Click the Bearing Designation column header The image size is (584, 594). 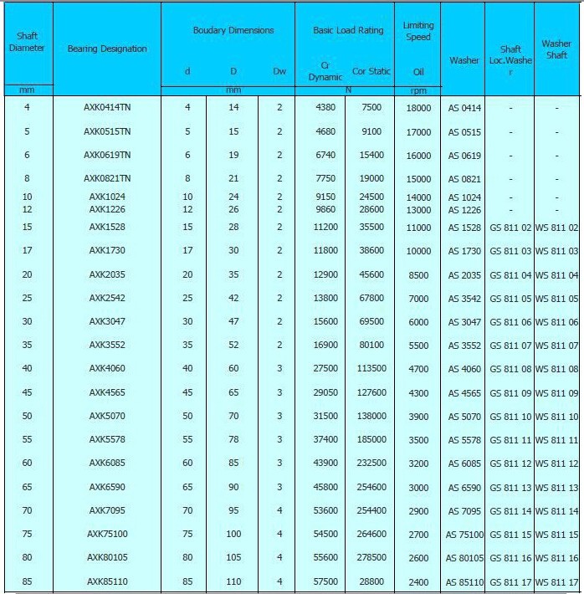pyautogui.click(x=107, y=49)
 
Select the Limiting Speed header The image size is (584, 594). pyautogui.click(x=418, y=31)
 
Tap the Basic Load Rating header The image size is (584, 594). pyautogui.click(x=348, y=30)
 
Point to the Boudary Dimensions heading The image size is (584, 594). pyautogui.click(x=233, y=30)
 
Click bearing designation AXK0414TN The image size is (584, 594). pyautogui.click(x=107, y=108)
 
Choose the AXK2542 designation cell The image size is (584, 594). pyautogui.click(x=107, y=299)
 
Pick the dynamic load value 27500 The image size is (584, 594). pyautogui.click(x=325, y=369)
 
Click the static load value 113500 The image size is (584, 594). pyautogui.click(x=371, y=369)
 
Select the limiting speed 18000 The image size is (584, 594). pyautogui.click(x=418, y=108)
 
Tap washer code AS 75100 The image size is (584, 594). pyautogui.click(x=464, y=535)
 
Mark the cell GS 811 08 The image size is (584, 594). pyautogui.click(x=510, y=369)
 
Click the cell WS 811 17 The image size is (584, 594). pyautogui.click(x=556, y=582)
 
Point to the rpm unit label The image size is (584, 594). pyautogui.click(x=418, y=90)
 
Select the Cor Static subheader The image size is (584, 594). pyautogui.click(x=371, y=71)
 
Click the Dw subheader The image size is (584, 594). pyautogui.click(x=279, y=71)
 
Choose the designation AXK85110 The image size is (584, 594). pyautogui.click(x=107, y=582)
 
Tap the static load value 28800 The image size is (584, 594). pyautogui.click(x=371, y=582)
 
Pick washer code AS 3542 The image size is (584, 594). pyautogui.click(x=464, y=299)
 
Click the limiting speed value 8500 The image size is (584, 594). pyautogui.click(x=418, y=275)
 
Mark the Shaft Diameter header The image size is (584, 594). pyautogui.click(x=27, y=42)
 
